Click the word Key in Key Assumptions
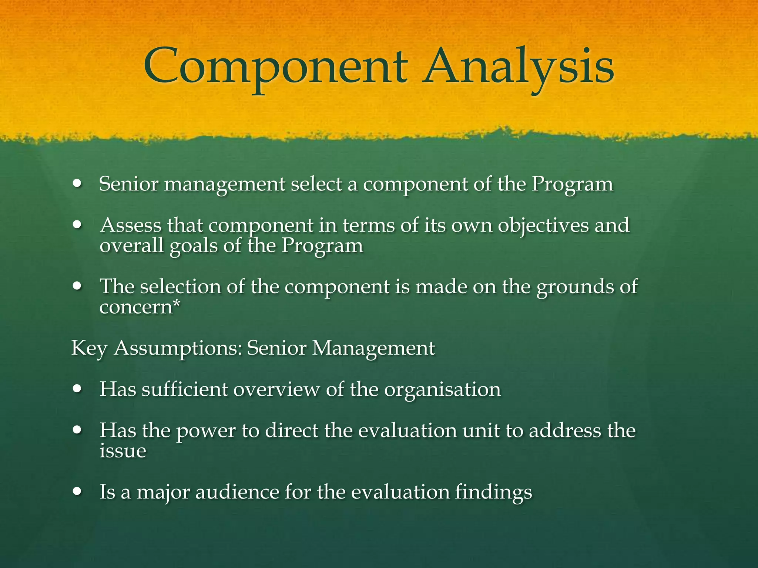coord(89,348)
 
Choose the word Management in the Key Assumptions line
coord(373,348)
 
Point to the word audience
coord(237,492)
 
